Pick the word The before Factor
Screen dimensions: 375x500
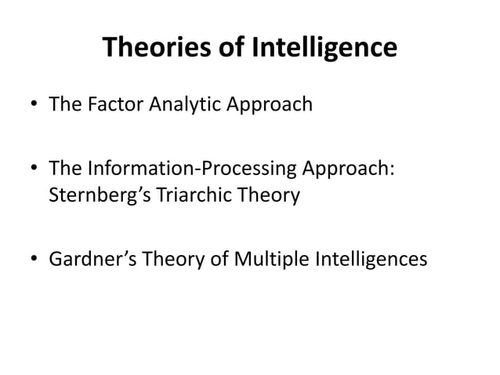click(64, 104)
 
